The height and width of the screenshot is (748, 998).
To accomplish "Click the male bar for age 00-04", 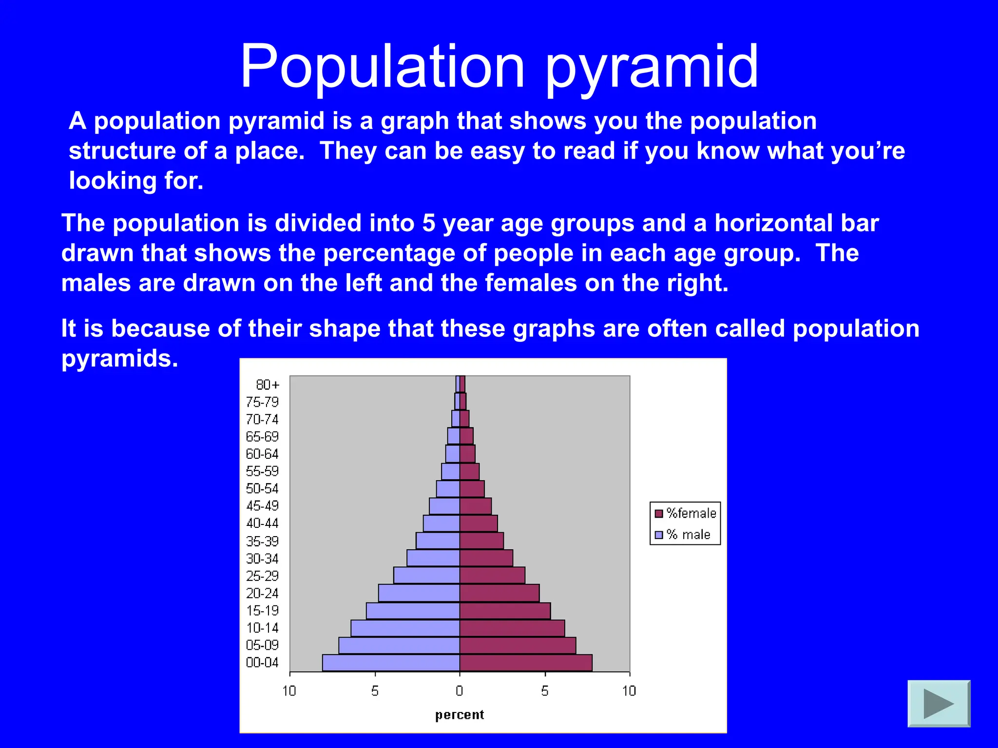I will (391, 663).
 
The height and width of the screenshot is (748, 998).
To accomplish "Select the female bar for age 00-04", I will (526, 663).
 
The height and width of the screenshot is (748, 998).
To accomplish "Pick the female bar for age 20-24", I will (499, 593).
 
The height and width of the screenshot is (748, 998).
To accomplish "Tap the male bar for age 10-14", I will (405, 628).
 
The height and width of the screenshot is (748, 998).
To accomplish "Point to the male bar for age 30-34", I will (433, 558).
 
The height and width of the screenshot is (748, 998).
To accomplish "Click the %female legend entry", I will (686, 513).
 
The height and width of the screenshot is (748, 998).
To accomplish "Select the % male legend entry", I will (683, 535).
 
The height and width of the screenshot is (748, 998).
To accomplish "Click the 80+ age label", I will (268, 385).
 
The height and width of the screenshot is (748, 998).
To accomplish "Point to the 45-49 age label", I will (262, 506).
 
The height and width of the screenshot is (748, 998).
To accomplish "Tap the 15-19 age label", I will (262, 611).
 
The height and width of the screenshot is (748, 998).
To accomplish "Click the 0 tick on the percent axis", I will (459, 691).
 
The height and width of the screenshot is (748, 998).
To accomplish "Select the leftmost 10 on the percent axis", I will (289, 691).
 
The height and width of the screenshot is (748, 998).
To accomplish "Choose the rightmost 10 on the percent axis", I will (629, 691).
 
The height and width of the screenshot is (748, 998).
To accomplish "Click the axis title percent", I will (460, 715).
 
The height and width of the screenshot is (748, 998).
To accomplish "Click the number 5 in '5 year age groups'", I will (428, 223).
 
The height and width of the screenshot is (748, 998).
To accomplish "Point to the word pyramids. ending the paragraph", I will (120, 359).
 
